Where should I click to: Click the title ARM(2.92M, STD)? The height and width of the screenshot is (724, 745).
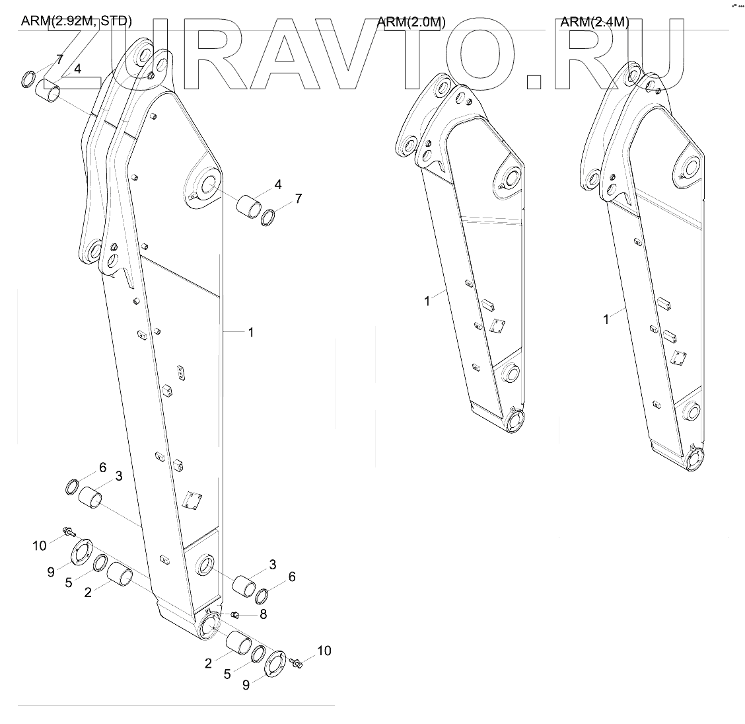click(x=76, y=21)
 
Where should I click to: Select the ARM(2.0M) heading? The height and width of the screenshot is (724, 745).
click(x=411, y=22)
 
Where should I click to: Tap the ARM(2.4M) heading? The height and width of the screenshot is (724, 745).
click(x=594, y=22)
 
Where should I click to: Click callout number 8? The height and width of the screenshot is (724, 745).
click(x=263, y=614)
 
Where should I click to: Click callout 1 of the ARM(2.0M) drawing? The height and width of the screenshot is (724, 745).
click(x=427, y=301)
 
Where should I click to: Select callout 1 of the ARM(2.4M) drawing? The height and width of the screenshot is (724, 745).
click(x=606, y=319)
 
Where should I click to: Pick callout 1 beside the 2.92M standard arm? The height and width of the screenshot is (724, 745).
click(x=251, y=333)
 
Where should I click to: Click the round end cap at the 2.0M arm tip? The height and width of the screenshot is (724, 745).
click(x=514, y=422)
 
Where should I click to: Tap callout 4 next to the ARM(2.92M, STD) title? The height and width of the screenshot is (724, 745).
click(x=78, y=69)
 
